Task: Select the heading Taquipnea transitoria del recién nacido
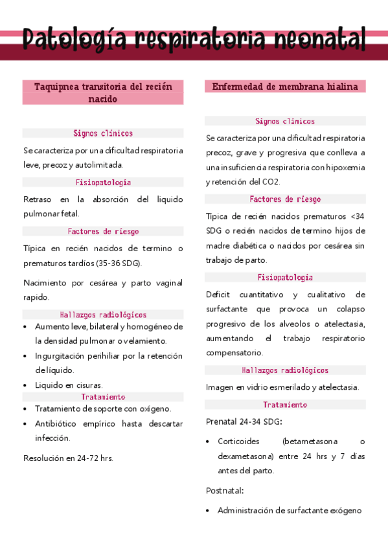pos(103,93)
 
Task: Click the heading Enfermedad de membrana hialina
pos(285,87)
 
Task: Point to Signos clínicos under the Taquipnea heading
pos(103,133)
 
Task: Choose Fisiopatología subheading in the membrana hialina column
pos(285,277)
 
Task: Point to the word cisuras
pos(89,385)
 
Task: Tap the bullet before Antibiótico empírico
pos(25,424)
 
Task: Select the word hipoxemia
pos(346,167)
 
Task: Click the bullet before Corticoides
pos(208,442)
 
